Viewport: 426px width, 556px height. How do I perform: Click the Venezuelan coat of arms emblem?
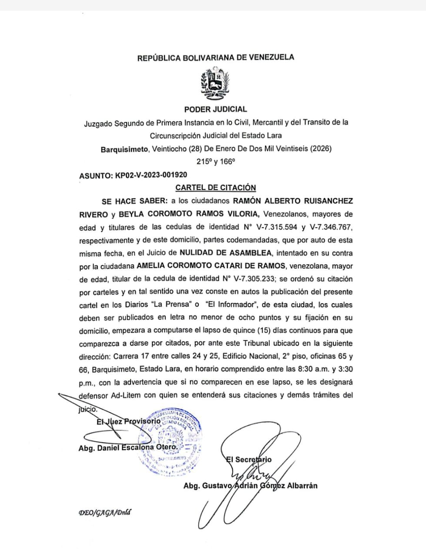pos(215,83)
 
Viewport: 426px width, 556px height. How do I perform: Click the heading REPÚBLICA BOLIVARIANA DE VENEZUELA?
pos(215,57)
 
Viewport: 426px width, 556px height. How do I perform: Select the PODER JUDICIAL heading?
pos(215,109)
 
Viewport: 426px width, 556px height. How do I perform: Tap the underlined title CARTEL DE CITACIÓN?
pos(215,188)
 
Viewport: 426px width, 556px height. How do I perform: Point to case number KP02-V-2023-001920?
pos(151,175)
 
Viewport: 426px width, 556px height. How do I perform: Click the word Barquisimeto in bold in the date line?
pos(124,149)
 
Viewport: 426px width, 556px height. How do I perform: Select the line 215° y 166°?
pos(215,162)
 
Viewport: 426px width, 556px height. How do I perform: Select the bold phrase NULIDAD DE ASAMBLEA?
pos(226,253)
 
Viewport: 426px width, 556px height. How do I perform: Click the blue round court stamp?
pos(170,441)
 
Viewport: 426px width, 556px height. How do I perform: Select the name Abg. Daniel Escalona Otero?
pos(128,447)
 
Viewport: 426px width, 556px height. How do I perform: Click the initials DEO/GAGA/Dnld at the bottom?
pos(104,512)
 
